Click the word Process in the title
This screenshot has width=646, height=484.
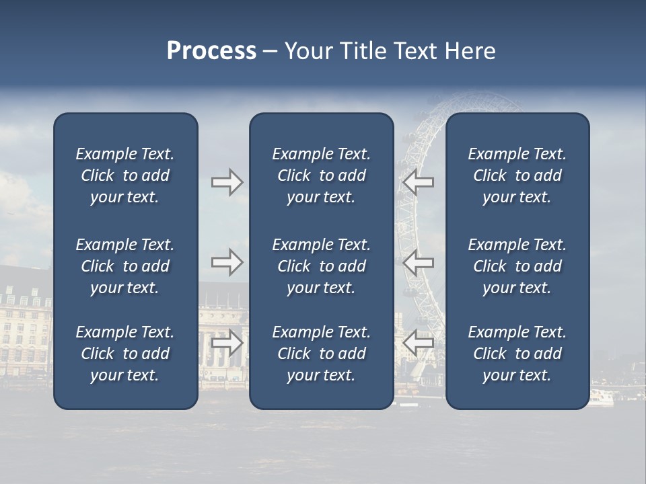(x=211, y=51)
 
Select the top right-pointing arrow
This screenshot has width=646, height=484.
(x=227, y=182)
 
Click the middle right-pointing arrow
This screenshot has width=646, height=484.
(x=227, y=262)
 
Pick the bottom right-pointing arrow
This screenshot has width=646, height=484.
(x=227, y=343)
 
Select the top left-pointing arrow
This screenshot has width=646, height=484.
(x=418, y=182)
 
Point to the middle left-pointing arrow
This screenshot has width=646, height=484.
(x=418, y=262)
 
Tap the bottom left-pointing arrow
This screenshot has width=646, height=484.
(x=418, y=343)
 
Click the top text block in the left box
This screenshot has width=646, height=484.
(x=125, y=175)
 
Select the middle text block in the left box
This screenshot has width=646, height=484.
(x=125, y=266)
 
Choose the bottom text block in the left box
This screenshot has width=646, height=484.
(x=125, y=354)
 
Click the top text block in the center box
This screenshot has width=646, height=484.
(x=321, y=175)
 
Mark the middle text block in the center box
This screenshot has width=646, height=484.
(x=321, y=266)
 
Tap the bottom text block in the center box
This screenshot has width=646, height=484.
(x=321, y=354)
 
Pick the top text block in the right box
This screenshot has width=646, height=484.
(x=517, y=175)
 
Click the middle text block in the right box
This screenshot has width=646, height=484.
(x=517, y=266)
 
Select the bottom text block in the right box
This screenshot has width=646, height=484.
(x=517, y=354)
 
